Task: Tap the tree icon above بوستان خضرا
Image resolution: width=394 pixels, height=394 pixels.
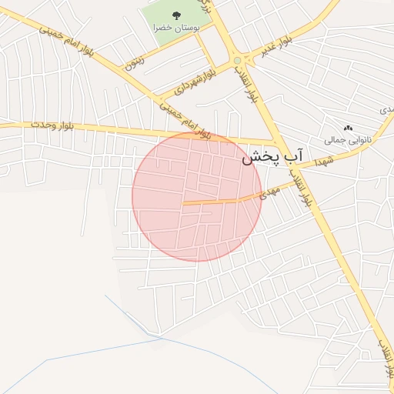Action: pos(176,15)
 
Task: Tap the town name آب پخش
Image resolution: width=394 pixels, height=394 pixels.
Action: pos(273,158)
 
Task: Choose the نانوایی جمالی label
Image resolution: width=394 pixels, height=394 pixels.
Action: pos(348,140)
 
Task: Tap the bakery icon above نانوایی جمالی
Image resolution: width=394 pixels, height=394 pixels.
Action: pos(348,128)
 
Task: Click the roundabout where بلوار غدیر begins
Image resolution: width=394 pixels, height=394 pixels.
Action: pos(237,59)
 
